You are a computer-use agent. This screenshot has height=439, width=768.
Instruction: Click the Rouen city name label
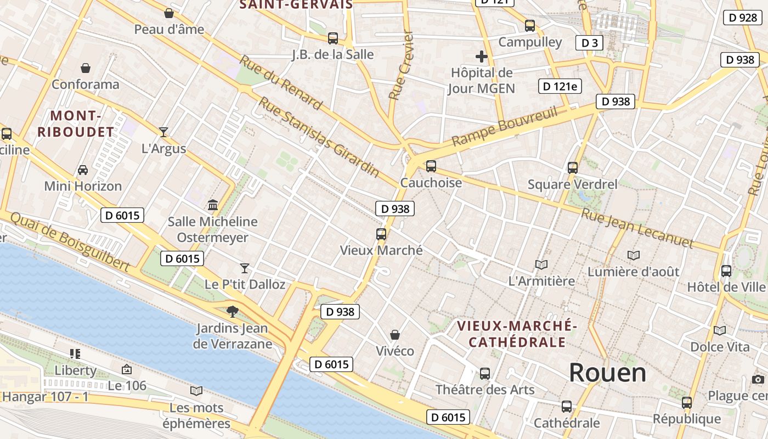607,373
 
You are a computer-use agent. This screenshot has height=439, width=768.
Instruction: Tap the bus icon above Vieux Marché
381,234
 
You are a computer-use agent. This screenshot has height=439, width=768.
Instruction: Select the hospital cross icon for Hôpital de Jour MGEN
481,56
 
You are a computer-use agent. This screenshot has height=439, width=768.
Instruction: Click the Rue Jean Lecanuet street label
637,228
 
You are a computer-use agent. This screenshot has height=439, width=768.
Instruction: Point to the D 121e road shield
560,86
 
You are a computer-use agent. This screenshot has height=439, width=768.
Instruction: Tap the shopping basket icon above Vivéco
394,334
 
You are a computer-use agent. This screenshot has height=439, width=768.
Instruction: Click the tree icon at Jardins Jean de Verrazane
233,312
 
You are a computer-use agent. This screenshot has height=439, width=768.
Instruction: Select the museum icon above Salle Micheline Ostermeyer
213,205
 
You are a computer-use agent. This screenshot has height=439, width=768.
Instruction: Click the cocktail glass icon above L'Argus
163,132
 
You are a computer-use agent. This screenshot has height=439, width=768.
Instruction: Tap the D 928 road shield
743,18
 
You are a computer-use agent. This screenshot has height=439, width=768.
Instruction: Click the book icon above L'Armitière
541,265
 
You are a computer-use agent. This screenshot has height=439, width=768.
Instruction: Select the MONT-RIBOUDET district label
76,124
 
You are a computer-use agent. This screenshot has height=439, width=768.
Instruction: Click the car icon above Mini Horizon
83,170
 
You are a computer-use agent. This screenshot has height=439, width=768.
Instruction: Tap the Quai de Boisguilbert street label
70,241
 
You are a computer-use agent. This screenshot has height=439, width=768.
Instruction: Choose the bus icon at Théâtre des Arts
484,374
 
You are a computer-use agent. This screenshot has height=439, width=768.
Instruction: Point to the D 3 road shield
589,43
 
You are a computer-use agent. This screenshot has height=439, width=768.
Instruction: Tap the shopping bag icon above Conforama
86,68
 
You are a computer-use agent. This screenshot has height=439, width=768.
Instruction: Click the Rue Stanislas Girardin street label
319,137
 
